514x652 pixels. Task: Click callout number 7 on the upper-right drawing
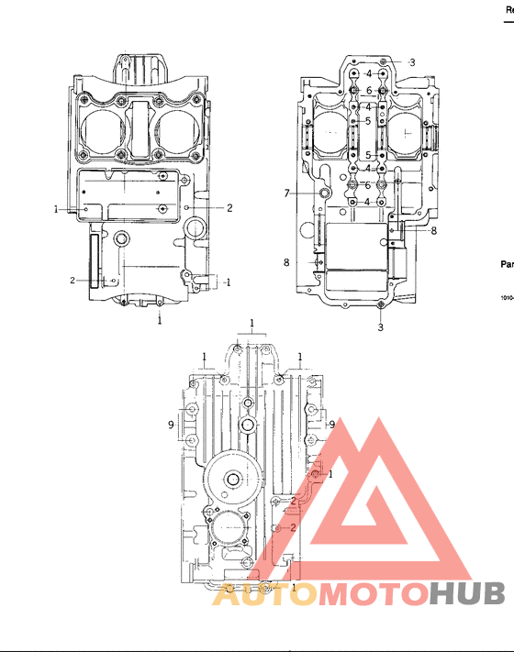pyautogui.click(x=286, y=193)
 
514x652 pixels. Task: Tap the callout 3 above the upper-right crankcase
pyautogui.click(x=412, y=62)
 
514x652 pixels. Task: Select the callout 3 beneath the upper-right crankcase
pyautogui.click(x=381, y=326)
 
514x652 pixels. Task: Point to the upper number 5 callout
pyautogui.click(x=367, y=121)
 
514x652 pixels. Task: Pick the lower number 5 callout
pyautogui.click(x=367, y=155)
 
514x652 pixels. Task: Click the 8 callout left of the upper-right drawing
pyautogui.click(x=286, y=262)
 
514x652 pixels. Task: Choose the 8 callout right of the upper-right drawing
pyautogui.click(x=434, y=231)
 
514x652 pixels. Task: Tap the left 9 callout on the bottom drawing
pyautogui.click(x=171, y=425)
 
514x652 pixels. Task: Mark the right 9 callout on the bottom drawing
pyautogui.click(x=331, y=425)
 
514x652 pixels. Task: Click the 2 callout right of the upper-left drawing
pyautogui.click(x=229, y=208)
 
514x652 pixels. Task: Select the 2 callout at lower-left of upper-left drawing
pyautogui.click(x=73, y=280)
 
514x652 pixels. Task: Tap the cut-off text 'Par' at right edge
pyautogui.click(x=506, y=264)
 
